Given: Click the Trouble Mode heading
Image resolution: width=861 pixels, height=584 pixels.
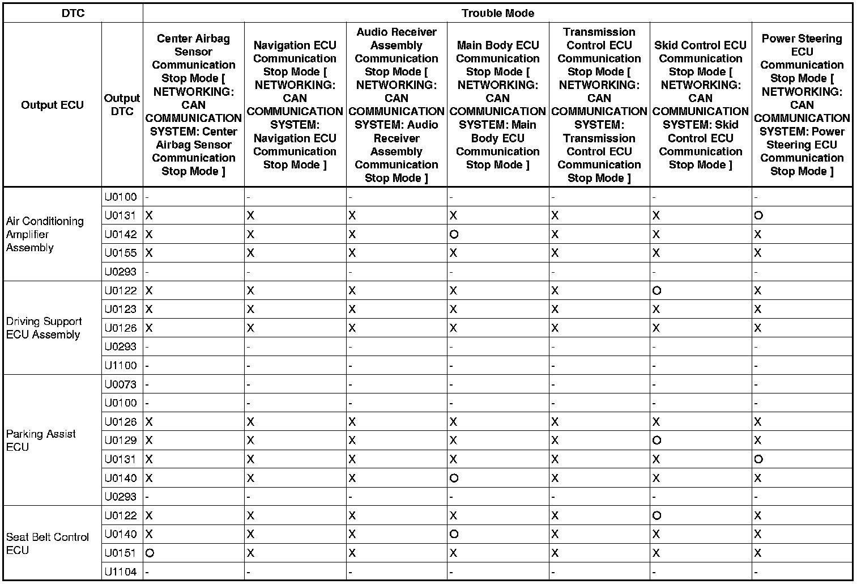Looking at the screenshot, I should click(497, 13).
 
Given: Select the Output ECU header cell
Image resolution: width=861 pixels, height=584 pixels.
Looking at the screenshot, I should click(52, 105).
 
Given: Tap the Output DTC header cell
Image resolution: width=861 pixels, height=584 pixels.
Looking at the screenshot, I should click(122, 105).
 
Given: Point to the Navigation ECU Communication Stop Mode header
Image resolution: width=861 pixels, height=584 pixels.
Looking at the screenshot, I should click(295, 105).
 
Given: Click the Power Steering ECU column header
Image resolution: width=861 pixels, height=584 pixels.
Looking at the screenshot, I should click(802, 105).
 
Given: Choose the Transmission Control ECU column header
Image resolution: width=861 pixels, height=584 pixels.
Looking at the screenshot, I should click(599, 105).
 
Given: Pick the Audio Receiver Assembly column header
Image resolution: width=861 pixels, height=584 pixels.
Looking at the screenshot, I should click(396, 105).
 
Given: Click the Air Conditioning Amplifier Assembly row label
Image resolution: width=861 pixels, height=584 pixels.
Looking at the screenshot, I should click(45, 234).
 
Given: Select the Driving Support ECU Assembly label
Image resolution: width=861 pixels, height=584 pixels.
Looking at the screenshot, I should click(44, 328).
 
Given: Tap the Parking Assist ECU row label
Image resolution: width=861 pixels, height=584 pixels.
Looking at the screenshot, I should click(41, 440).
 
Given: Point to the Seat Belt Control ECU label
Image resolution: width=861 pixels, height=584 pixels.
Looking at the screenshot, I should click(48, 543).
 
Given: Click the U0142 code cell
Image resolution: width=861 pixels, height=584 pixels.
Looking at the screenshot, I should click(121, 234).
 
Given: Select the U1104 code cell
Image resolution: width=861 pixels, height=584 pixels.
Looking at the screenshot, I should click(121, 572).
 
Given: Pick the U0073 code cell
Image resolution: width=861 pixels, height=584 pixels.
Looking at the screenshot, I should click(121, 384).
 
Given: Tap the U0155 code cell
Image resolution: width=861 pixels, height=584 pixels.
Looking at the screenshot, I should click(121, 253).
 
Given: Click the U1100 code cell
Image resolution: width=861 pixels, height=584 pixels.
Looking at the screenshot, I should click(121, 366).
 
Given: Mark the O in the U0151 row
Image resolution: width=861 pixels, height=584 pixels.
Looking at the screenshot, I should click(150, 553).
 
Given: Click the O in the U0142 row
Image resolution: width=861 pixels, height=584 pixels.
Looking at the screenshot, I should click(454, 234).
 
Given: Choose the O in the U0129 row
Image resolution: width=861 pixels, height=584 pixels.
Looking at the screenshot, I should click(657, 441).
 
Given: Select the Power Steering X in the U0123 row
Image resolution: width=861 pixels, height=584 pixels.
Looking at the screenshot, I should click(758, 310).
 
